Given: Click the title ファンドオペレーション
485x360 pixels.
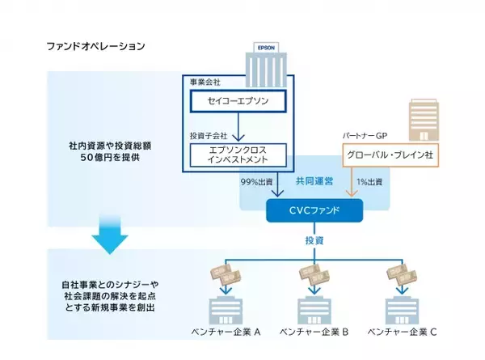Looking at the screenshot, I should (x=95, y=46).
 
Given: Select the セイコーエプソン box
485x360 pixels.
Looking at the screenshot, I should (x=242, y=102).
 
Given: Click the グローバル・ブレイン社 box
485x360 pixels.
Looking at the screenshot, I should (x=390, y=153).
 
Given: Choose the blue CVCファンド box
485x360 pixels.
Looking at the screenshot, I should (x=315, y=211).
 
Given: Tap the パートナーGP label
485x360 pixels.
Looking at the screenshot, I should (x=367, y=135).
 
